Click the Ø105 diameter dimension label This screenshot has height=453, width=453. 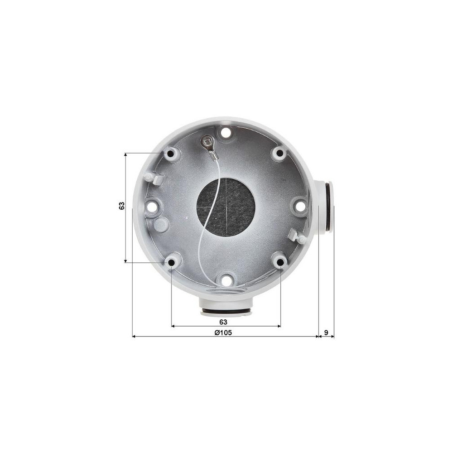[x=223, y=333]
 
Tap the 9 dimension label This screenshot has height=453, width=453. [x=326, y=333]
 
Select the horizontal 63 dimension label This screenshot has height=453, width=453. [x=223, y=322]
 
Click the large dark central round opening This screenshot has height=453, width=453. [x=226, y=207]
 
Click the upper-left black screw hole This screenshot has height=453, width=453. [x=171, y=153]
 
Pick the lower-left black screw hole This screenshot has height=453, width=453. [x=171, y=262]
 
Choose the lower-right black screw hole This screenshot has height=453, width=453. [x=280, y=262]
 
